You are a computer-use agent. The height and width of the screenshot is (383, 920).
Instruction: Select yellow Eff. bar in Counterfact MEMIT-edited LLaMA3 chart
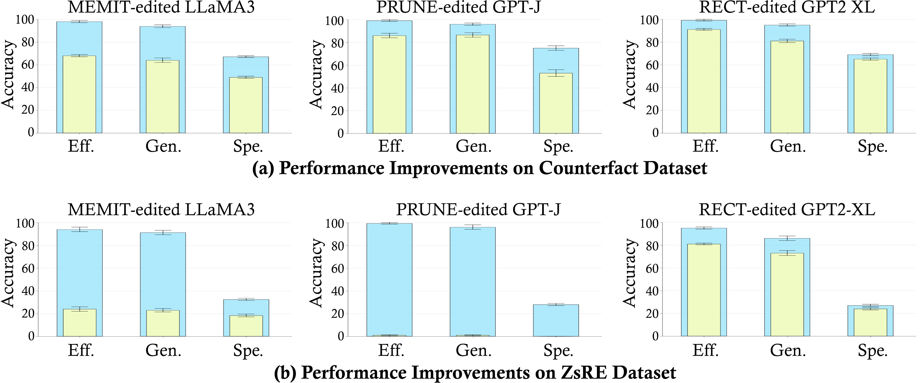pyautogui.click(x=79, y=95)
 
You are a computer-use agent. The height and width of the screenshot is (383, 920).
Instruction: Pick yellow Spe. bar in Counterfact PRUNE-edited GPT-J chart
pyautogui.click(x=556, y=104)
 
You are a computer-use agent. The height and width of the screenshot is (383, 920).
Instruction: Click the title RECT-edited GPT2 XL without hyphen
pyautogui.click(x=786, y=7)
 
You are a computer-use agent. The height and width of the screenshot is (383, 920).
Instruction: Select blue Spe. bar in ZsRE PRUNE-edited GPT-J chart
pyautogui.click(x=556, y=320)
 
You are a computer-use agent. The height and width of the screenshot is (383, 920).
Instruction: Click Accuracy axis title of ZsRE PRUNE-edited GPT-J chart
pyautogui.click(x=316, y=273)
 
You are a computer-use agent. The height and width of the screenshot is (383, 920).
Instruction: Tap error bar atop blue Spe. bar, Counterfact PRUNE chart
pyautogui.click(x=556, y=48)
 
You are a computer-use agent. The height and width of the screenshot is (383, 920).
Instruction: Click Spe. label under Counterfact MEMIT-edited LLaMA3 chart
pyautogui.click(x=248, y=147)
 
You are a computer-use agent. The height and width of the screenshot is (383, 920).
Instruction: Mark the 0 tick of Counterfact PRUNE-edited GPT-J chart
pyautogui.click(x=340, y=134)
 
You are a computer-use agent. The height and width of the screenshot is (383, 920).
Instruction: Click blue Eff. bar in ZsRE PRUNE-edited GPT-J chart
pyautogui.click(x=389, y=279)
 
